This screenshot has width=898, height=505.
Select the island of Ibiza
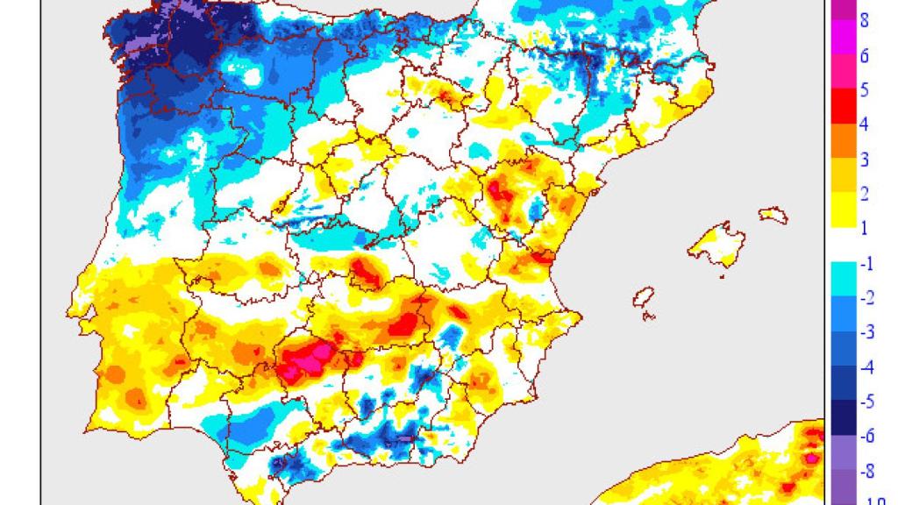[645, 299]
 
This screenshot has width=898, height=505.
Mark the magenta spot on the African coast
[811, 457]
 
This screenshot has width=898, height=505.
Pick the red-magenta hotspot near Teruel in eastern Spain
[504, 188]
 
